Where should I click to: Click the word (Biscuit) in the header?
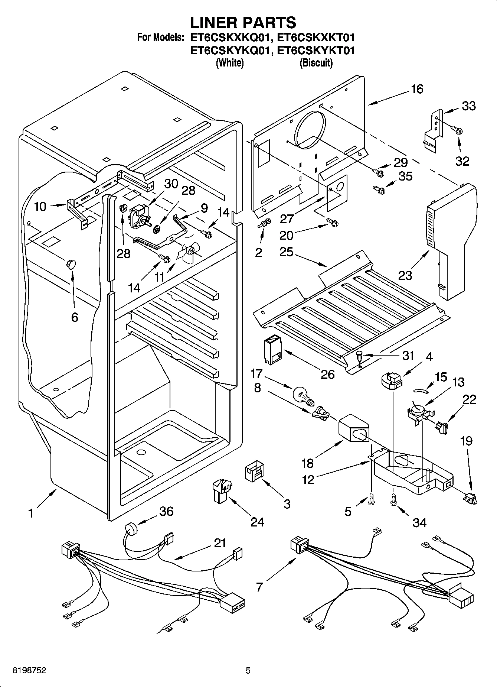pyautogui.click(x=316, y=63)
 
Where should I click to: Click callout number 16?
pyautogui.click(x=417, y=89)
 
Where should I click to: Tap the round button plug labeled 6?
pyautogui.click(x=70, y=263)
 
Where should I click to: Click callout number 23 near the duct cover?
pyautogui.click(x=405, y=275)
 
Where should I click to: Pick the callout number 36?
pyautogui.click(x=166, y=511)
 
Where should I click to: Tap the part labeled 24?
pyautogui.click(x=221, y=491)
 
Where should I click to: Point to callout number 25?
pyautogui.click(x=287, y=252)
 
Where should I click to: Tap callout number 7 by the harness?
pyautogui.click(x=259, y=587)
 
